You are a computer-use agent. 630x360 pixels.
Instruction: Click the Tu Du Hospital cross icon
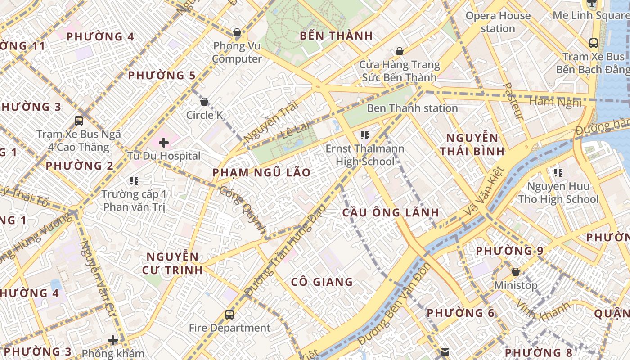click(x=164, y=143)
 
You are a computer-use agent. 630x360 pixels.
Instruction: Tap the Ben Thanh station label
click(x=412, y=108)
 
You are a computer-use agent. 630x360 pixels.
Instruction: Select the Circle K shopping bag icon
click(x=204, y=102)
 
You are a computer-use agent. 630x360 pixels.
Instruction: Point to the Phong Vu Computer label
click(x=237, y=52)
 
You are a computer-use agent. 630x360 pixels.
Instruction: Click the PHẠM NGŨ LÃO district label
click(x=261, y=172)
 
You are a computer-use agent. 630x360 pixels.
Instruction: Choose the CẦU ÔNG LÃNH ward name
click(x=391, y=212)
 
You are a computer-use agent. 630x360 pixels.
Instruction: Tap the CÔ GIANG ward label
click(x=322, y=282)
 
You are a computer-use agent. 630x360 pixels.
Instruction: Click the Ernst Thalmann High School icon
click(x=364, y=135)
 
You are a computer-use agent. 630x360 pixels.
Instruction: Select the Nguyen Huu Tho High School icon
click(x=558, y=172)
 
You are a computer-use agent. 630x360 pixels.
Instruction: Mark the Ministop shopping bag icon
click(x=516, y=272)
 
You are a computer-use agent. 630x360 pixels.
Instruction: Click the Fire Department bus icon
click(x=229, y=314)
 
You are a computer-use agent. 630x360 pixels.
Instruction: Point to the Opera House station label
click(x=498, y=22)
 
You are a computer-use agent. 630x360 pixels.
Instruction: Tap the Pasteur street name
click(x=512, y=101)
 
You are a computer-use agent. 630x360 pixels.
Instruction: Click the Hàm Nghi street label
click(x=555, y=102)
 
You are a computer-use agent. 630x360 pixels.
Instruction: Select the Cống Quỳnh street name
click(x=243, y=210)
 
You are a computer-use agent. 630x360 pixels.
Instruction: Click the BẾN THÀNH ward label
click(x=336, y=36)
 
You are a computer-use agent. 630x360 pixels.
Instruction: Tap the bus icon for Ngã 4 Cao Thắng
click(x=79, y=121)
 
